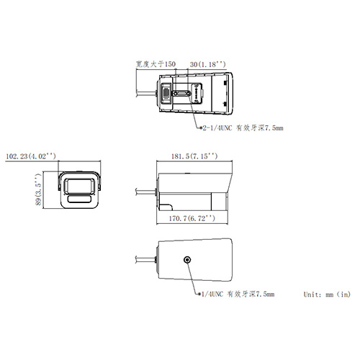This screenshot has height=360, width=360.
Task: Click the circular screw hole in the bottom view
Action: click(188, 261)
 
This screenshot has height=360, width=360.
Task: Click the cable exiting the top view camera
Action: click(146, 93)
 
